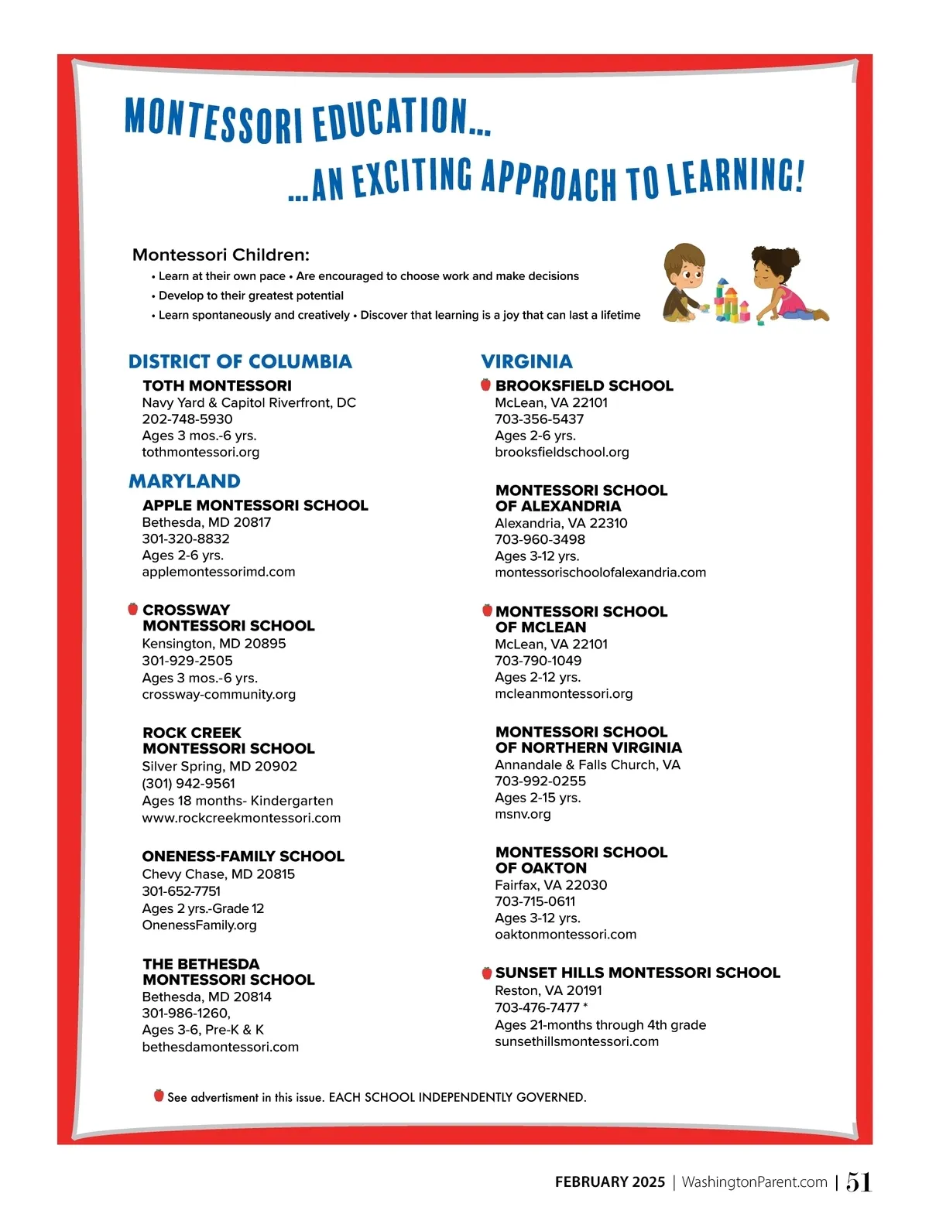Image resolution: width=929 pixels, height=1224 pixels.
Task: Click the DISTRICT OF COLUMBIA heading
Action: click(240, 361)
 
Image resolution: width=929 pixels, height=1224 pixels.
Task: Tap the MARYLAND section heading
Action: click(184, 481)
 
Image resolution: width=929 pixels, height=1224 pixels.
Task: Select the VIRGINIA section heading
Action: click(526, 361)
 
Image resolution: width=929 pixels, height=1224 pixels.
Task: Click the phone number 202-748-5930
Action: click(187, 419)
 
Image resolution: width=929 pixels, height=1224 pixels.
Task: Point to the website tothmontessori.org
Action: click(201, 453)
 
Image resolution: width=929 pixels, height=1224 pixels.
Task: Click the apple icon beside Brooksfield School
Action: click(486, 385)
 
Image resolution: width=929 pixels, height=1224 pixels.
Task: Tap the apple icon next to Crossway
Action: click(133, 609)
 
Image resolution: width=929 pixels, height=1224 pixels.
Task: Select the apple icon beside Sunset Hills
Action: click(487, 973)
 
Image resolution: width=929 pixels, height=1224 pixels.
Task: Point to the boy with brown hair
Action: click(685, 282)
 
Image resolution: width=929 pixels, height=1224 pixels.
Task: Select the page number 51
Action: click(859, 1182)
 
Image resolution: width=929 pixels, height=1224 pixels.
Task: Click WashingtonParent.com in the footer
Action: click(754, 1182)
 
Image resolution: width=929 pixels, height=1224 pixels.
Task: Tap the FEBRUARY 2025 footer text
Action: click(610, 1182)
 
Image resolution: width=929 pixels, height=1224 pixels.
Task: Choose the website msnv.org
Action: click(523, 814)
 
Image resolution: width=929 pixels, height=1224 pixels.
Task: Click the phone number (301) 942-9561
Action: click(188, 783)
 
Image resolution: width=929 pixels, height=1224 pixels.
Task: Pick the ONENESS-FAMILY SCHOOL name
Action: click(243, 856)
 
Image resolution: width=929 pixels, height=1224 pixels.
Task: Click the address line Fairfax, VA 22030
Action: click(550, 885)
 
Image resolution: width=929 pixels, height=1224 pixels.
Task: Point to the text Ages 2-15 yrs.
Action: click(537, 798)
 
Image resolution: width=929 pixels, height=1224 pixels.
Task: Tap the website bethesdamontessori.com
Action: click(220, 1047)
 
